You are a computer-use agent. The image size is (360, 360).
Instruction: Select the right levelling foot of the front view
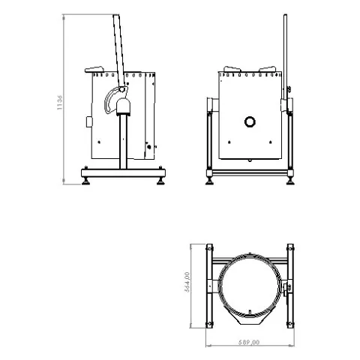click(x=289, y=178)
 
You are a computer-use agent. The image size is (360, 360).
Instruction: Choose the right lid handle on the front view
click(x=268, y=70)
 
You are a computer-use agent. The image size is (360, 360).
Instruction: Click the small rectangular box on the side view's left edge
click(x=89, y=121)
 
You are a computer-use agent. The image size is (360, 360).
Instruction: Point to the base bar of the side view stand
click(x=123, y=169)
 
